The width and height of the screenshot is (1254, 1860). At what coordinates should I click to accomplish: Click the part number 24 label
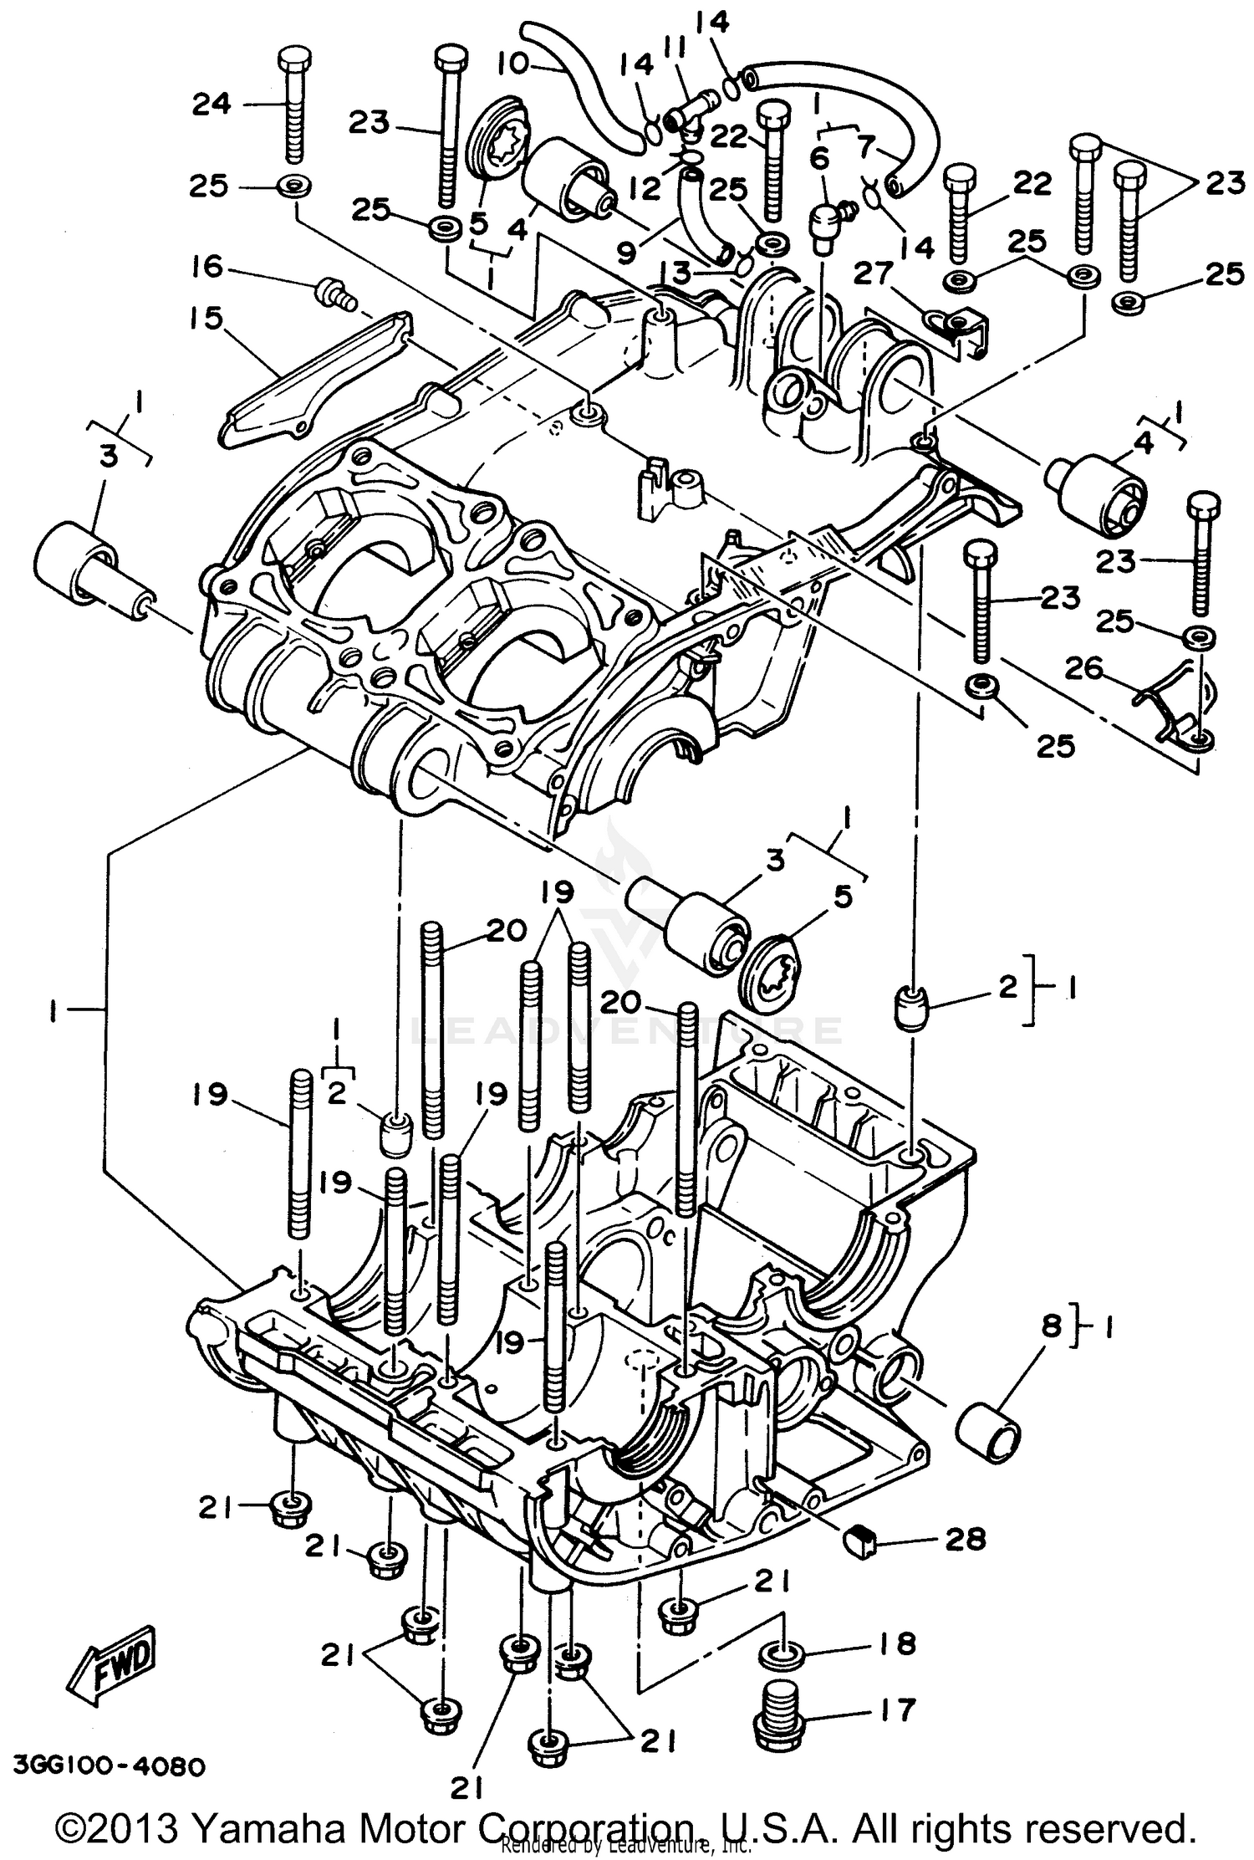[x=212, y=104]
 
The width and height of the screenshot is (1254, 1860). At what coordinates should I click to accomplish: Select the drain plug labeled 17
[x=778, y=1707]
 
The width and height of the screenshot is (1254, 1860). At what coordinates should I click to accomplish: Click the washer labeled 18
[x=782, y=1653]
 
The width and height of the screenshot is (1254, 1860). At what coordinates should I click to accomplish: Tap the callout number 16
[x=206, y=268]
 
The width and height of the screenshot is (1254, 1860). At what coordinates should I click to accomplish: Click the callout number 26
[x=1085, y=669]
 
